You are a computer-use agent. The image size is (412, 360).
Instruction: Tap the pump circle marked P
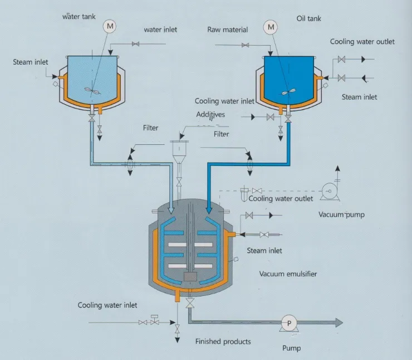(x=289, y=322)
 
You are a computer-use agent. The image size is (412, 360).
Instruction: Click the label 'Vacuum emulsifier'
(x=289, y=274)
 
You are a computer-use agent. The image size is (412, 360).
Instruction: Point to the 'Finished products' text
(x=223, y=341)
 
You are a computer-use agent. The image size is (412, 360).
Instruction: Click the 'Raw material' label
(x=227, y=30)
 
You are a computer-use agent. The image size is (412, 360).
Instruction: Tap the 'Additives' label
(x=212, y=114)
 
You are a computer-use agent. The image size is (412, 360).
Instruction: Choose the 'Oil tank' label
(x=309, y=19)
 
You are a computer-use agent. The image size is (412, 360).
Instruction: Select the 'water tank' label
(x=79, y=16)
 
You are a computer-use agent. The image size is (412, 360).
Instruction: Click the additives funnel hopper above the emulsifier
(x=179, y=150)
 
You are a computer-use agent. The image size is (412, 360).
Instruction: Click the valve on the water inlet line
(x=135, y=44)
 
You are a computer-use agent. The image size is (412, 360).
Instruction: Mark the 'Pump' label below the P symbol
(x=291, y=348)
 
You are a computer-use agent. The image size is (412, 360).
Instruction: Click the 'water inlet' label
(x=160, y=30)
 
